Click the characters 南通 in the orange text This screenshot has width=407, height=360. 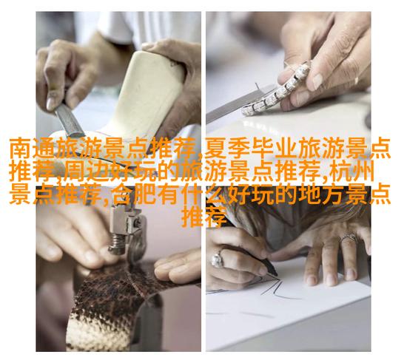pyautogui.click(x=32, y=148)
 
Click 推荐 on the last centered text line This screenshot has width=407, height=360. pyautogui.click(x=203, y=217)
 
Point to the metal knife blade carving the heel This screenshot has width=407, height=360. pyautogui.click(x=70, y=120)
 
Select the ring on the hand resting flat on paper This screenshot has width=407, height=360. pyautogui.click(x=349, y=238)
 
